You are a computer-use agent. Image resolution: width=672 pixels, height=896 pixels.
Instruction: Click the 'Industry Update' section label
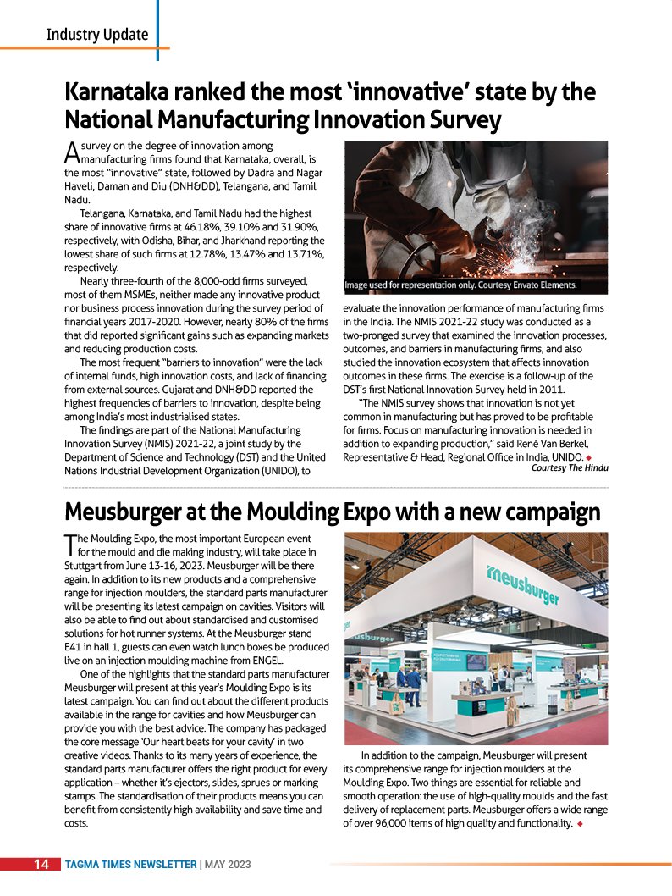(x=96, y=35)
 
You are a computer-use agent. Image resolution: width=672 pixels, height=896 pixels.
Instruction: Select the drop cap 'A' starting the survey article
(x=71, y=152)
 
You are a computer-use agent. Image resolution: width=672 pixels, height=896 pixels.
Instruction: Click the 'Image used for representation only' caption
(x=460, y=285)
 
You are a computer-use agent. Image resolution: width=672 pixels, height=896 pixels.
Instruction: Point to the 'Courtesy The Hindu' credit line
(x=569, y=467)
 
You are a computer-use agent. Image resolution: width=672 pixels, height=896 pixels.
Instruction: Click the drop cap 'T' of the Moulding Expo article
(x=70, y=543)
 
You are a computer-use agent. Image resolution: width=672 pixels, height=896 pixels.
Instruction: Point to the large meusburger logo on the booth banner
(x=523, y=584)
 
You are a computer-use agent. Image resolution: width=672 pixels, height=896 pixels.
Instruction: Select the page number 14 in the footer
(x=41, y=865)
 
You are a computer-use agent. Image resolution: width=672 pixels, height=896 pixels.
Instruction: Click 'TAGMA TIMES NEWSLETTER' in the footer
(x=131, y=865)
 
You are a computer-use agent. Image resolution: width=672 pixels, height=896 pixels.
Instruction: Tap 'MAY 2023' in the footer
(x=227, y=865)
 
